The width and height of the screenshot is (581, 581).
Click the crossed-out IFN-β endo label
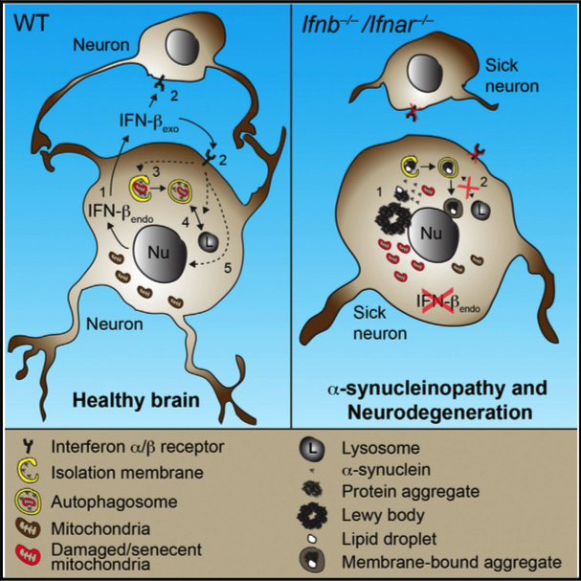[x=423, y=305]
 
